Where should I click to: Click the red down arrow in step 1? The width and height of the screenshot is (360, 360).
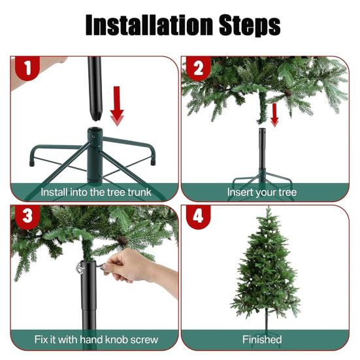point(117,105)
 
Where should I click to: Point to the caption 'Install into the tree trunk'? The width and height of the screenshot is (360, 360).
point(95,192)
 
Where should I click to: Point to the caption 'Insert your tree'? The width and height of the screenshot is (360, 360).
point(261,192)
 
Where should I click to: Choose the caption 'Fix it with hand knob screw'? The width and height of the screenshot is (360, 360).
point(95,340)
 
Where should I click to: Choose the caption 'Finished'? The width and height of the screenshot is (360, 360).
point(261,340)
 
